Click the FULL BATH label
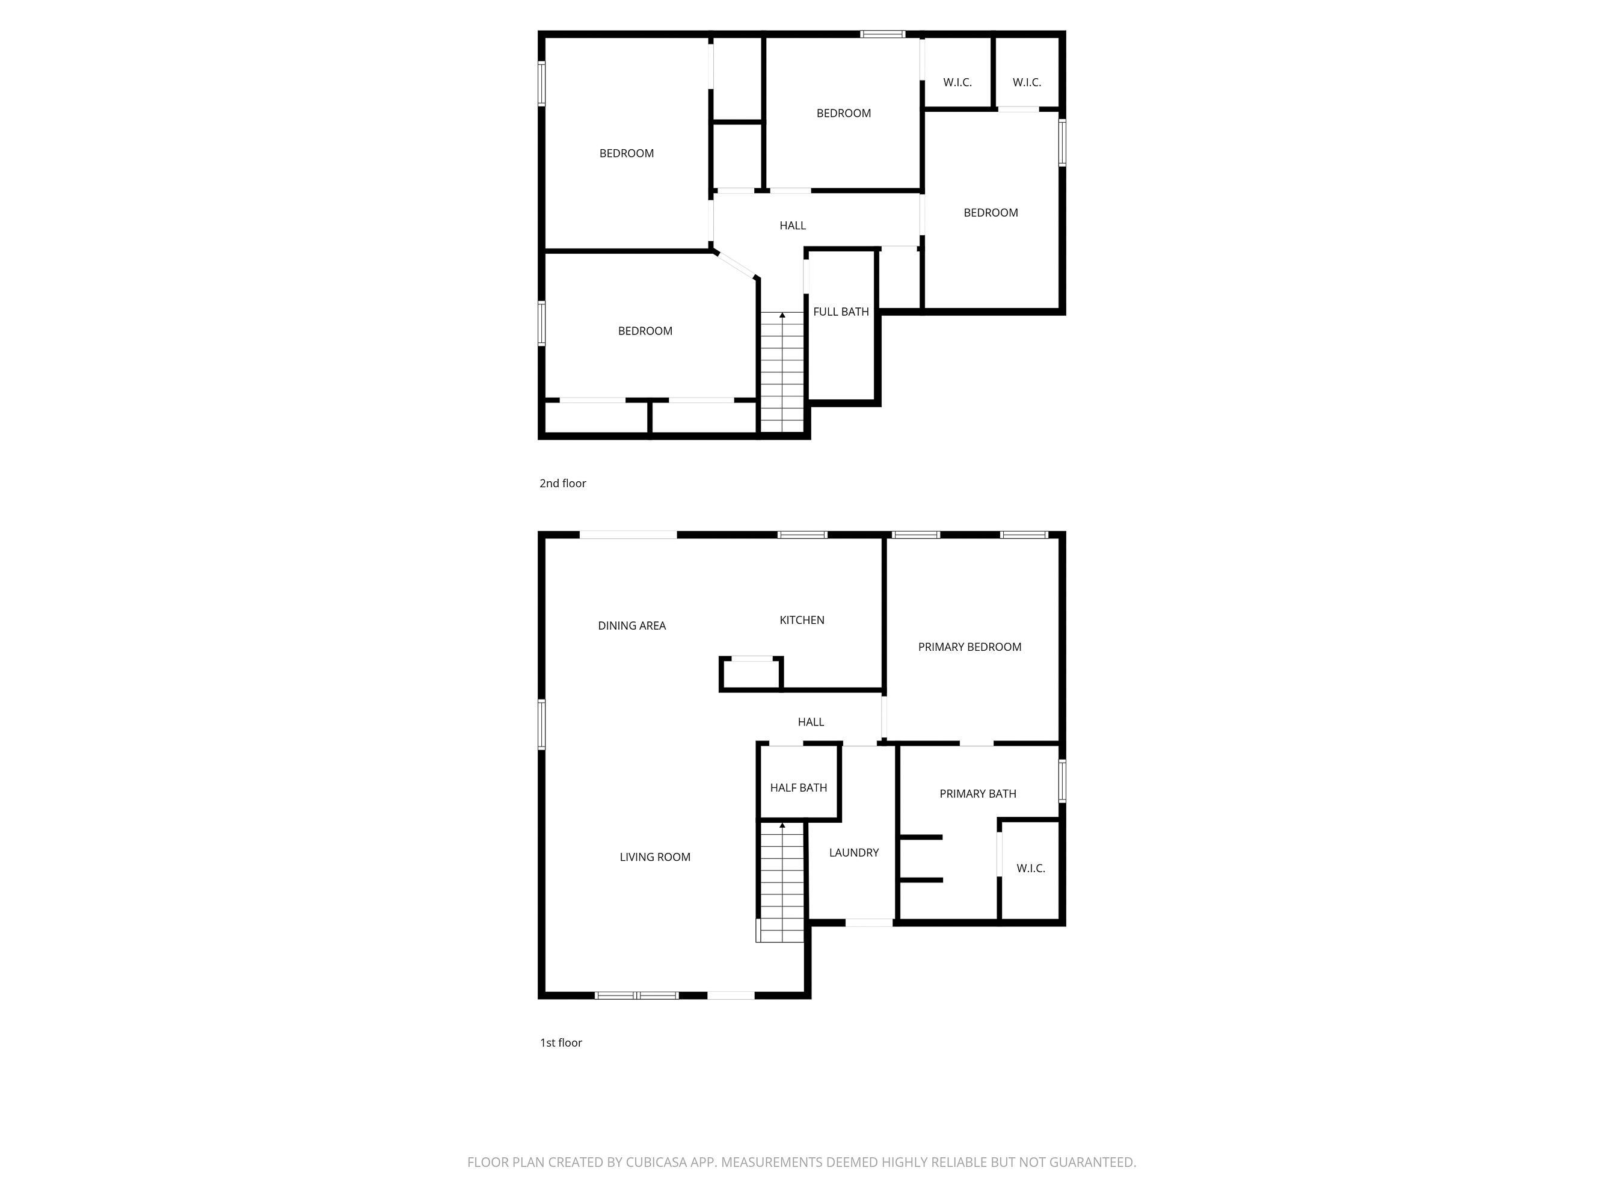tap(840, 312)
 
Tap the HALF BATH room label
tap(798, 787)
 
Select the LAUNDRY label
tap(853, 853)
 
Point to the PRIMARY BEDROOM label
tap(969, 647)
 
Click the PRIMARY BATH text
tap(977, 794)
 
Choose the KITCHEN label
tap(801, 620)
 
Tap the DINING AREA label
tap(631, 626)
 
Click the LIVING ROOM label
tap(655, 857)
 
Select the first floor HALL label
tap(811, 722)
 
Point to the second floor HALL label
tap(793, 226)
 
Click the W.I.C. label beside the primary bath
tap(1030, 869)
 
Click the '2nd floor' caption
tap(563, 484)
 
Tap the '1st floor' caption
tap(561, 1043)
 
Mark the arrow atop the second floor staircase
tap(782, 315)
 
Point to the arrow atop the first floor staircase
tap(782, 825)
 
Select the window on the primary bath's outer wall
tap(1062, 780)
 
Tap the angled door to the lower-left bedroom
tap(737, 265)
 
